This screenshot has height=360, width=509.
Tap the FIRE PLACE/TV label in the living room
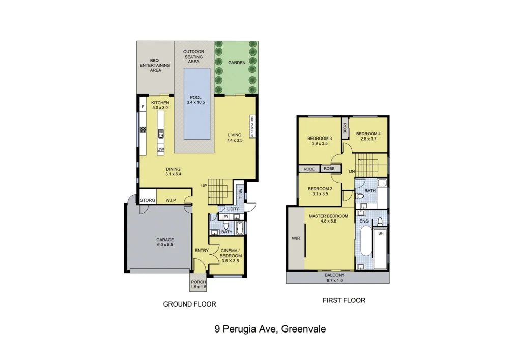coord(251,126)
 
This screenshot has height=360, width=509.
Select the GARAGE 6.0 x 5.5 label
coord(165,242)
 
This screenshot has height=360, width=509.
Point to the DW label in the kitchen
coord(160,149)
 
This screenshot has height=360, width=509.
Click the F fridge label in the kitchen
coord(143,107)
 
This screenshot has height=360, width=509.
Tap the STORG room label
coord(148,200)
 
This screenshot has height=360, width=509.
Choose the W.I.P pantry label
coord(171,200)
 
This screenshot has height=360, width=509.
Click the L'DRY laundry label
coord(233,209)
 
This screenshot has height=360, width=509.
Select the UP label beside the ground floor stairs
coord(204,185)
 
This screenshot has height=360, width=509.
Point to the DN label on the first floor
coord(351,172)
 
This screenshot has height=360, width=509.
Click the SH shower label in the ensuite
coord(380,233)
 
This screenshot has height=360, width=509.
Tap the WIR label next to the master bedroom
coord(296,238)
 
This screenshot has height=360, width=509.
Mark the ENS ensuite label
coord(364,222)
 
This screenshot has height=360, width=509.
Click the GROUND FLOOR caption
coord(189,304)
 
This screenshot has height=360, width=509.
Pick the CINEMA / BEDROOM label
coord(231,253)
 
